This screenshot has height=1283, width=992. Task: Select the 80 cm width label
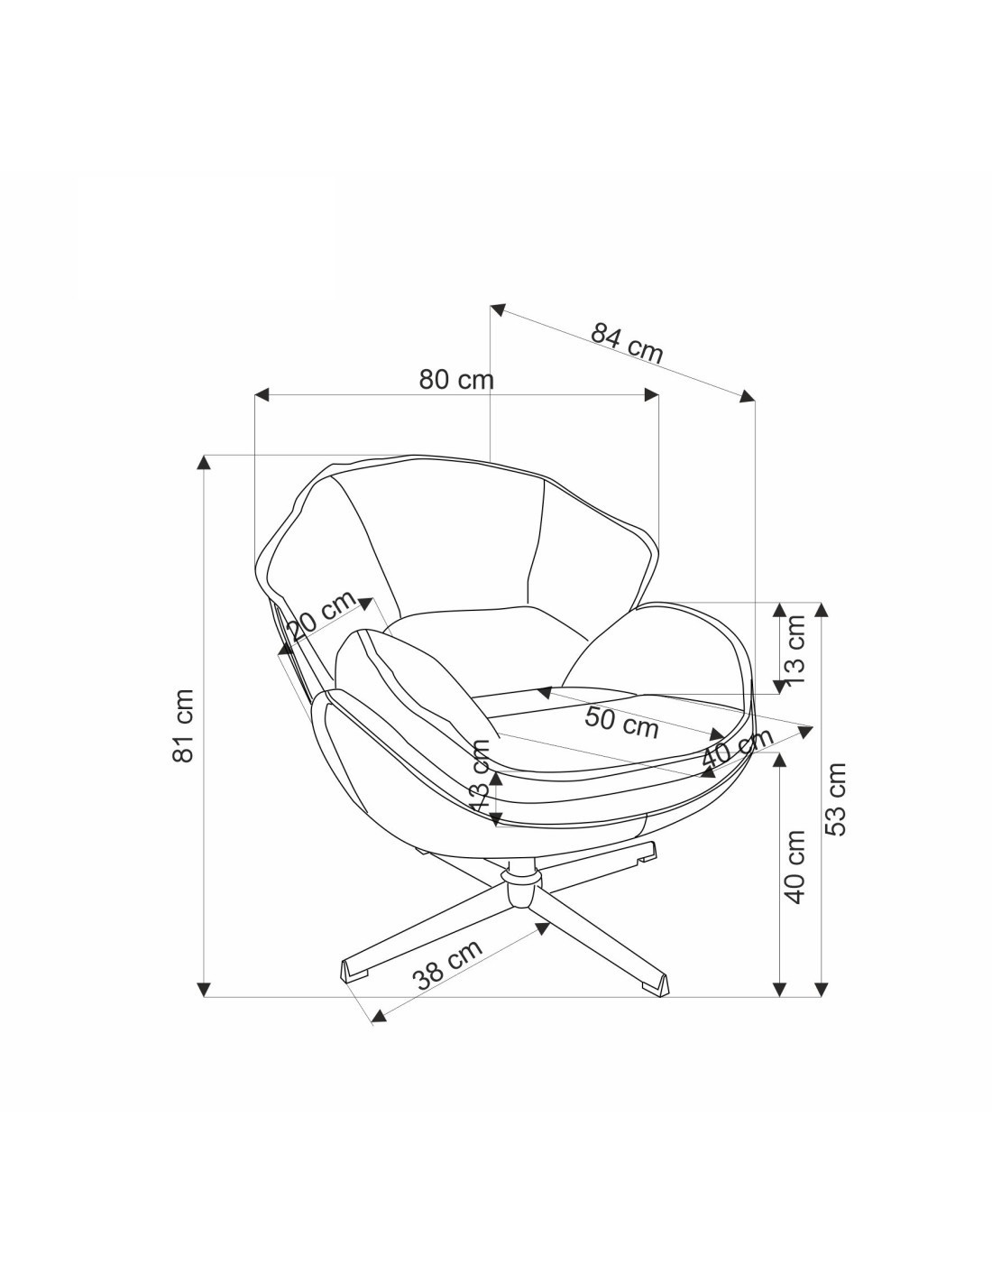pos(456,379)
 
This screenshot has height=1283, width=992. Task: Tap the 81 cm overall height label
pos(184,725)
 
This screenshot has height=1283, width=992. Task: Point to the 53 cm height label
pos(835,799)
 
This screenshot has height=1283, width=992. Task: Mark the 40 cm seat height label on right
pos(795,867)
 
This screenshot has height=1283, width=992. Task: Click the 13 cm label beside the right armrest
pos(795,650)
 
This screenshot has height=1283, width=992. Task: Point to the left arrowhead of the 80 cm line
pos(262,394)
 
